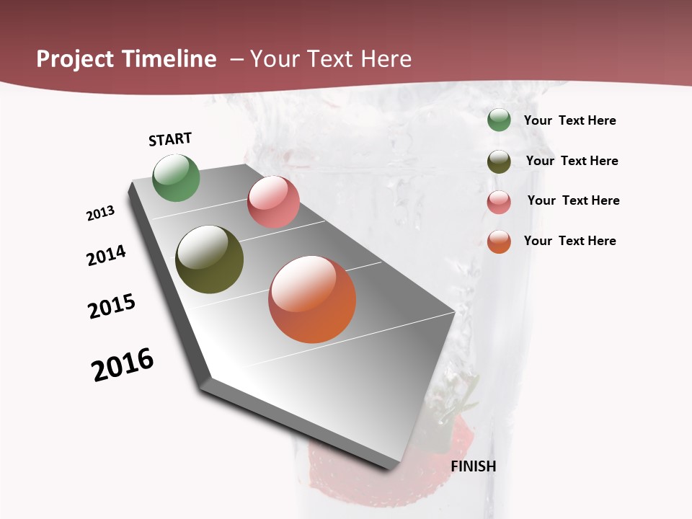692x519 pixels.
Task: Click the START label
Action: pyautogui.click(x=170, y=139)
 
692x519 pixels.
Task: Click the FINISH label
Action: pyautogui.click(x=473, y=466)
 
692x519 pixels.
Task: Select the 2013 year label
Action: pyautogui.click(x=101, y=213)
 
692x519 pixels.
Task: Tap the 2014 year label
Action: pyautogui.click(x=107, y=255)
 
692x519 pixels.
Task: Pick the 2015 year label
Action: pyautogui.click(x=112, y=306)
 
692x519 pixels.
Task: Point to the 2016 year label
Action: pyautogui.click(x=123, y=365)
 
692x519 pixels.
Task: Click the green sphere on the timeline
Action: pyautogui.click(x=176, y=177)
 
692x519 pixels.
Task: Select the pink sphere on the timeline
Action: pyautogui.click(x=273, y=202)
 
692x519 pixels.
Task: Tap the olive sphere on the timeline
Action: pyautogui.click(x=209, y=259)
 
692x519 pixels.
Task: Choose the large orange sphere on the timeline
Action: pyautogui.click(x=312, y=299)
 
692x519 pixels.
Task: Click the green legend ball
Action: pyautogui.click(x=499, y=120)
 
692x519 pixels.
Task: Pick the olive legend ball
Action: pyautogui.click(x=499, y=161)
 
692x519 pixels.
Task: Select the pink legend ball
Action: pyautogui.click(x=499, y=202)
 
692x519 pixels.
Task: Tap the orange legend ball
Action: pyautogui.click(x=499, y=241)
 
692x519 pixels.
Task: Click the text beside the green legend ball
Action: pyautogui.click(x=569, y=121)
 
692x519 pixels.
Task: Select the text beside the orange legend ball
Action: pyautogui.click(x=569, y=241)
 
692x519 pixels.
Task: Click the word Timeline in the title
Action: pyautogui.click(x=169, y=59)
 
